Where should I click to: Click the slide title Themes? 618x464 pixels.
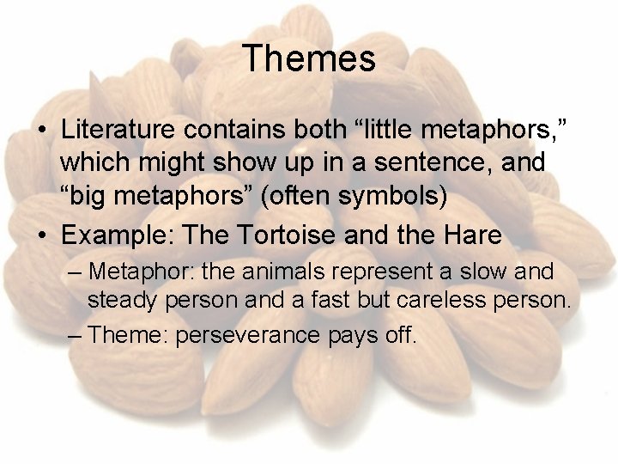pyautogui.click(x=309, y=59)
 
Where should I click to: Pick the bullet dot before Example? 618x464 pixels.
pyautogui.click(x=40, y=233)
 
